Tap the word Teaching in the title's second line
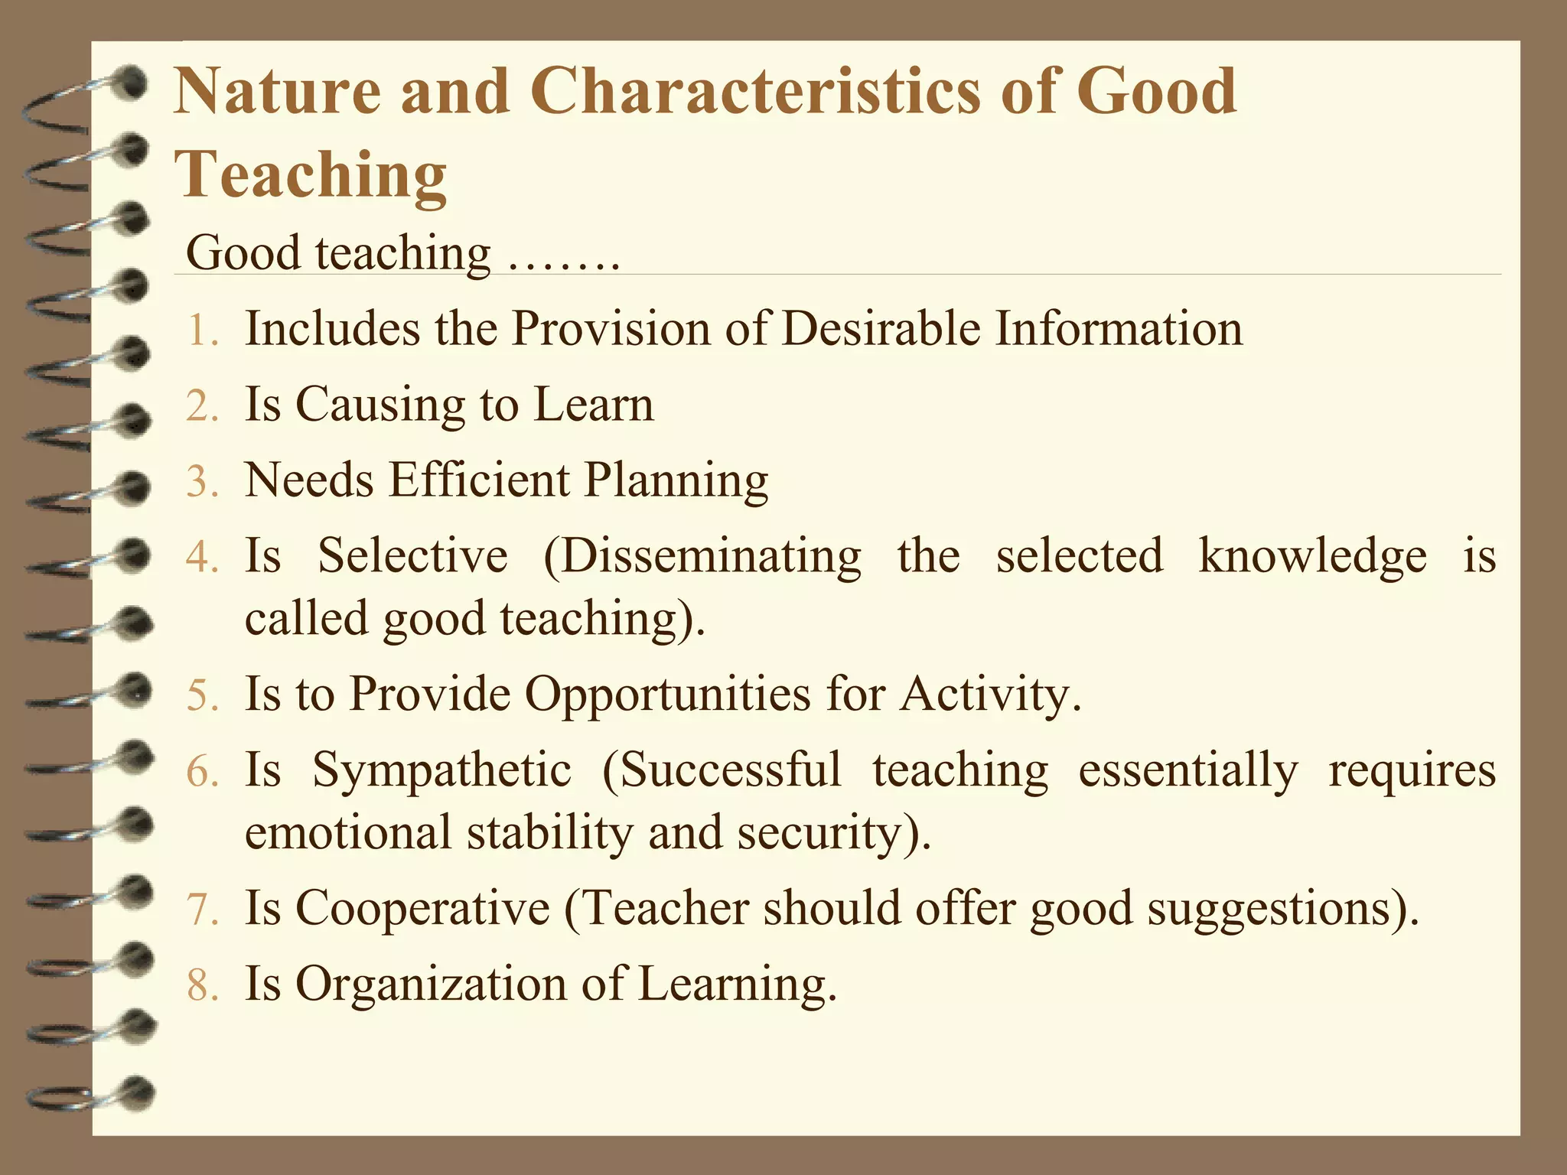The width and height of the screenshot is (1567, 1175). [311, 174]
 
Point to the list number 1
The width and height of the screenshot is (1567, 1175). [201, 332]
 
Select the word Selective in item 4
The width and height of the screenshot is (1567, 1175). [412, 555]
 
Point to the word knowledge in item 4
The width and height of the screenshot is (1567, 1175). [1312, 555]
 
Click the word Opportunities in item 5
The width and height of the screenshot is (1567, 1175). [667, 695]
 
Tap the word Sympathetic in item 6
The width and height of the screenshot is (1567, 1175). [441, 770]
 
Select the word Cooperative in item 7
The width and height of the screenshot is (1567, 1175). [422, 909]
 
